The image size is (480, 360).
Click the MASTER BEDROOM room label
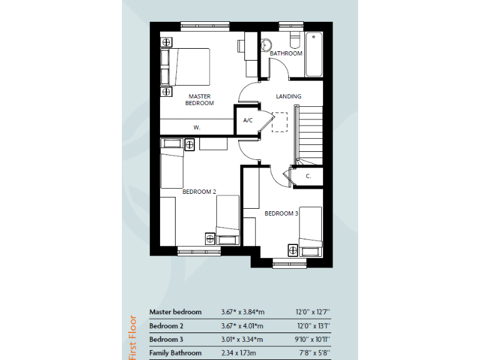point(199,100)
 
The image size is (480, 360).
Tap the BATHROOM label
point(286,54)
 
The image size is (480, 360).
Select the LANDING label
point(289,96)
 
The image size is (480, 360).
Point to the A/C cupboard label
point(247,120)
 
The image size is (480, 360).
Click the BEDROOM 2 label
point(199,192)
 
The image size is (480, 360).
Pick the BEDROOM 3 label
point(281,214)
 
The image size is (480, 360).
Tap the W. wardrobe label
point(196,127)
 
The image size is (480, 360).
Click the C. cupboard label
point(308,176)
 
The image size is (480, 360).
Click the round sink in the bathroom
point(265,44)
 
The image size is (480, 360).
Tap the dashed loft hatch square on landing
point(280,121)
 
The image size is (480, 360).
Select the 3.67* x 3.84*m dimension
point(242,312)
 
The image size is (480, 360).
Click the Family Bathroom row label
point(175,353)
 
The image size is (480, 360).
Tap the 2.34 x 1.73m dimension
point(239,353)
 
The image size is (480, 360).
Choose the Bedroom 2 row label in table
point(166,326)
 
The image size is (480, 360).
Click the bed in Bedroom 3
point(310,231)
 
